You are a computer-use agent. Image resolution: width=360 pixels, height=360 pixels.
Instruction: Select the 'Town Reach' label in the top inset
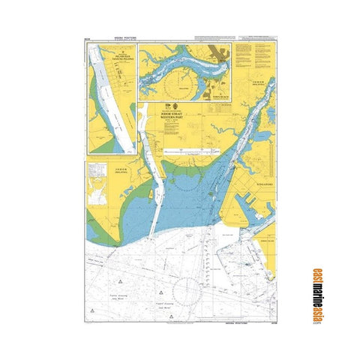tap(219, 97)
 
